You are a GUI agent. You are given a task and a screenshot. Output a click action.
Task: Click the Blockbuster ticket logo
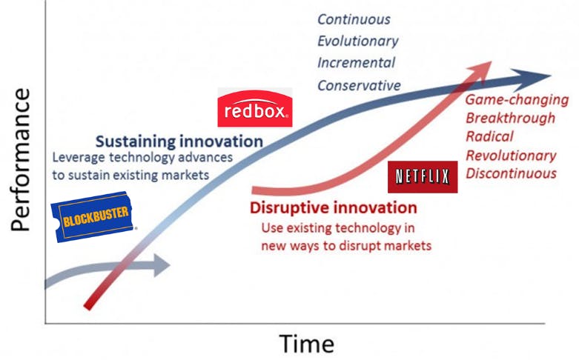[x=94, y=216]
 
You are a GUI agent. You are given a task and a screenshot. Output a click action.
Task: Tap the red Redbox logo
[x=255, y=107]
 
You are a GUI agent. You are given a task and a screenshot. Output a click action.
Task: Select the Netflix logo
[x=423, y=177]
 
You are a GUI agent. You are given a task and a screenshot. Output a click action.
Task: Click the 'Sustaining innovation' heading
[x=179, y=141]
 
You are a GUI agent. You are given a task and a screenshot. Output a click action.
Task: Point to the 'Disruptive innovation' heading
[x=334, y=207]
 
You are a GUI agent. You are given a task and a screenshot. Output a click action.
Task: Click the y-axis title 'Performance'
[x=20, y=159]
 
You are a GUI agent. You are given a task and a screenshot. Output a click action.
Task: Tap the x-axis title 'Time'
[x=306, y=344]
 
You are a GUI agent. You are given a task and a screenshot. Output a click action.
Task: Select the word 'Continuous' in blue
[x=354, y=19]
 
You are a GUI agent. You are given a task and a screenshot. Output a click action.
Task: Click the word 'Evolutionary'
[x=358, y=41]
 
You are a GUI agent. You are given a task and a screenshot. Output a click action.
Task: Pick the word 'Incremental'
[x=357, y=63]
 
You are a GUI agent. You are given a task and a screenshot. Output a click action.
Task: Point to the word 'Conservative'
[x=359, y=86]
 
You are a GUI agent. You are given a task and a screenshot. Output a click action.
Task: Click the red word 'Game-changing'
[x=517, y=100]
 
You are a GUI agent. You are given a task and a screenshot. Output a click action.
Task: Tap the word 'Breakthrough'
[x=510, y=118]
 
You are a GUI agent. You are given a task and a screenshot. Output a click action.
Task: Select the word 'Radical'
[x=489, y=136]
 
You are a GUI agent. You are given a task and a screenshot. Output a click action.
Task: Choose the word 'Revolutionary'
[x=511, y=156]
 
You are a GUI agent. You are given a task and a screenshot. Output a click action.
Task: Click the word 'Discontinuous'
[x=511, y=173]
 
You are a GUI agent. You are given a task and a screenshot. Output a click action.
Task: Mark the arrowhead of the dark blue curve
[x=531, y=79]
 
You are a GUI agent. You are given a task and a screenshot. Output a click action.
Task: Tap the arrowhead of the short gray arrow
[x=161, y=265]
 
